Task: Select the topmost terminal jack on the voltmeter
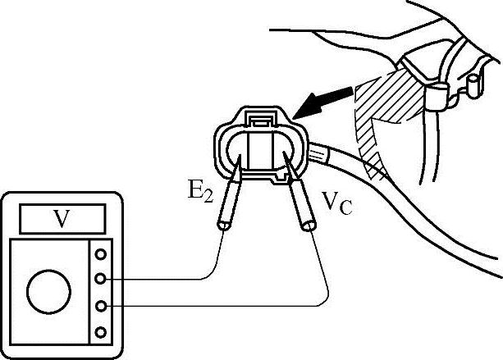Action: (x=102, y=253)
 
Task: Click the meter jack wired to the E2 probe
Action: (x=102, y=280)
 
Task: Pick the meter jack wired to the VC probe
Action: (x=102, y=306)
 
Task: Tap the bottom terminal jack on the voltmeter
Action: (x=102, y=332)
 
